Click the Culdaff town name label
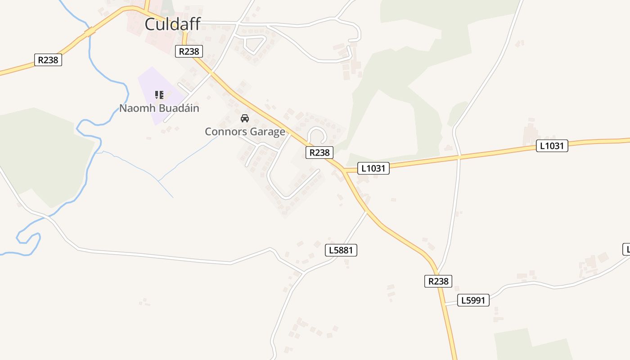[x=172, y=24]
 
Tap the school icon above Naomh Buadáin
[x=159, y=94]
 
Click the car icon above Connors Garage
[x=245, y=118]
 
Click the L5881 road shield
[x=341, y=250]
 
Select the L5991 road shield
[x=473, y=300]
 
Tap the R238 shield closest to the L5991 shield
[x=438, y=281]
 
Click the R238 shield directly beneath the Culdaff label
[x=189, y=51]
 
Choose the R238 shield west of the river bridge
[x=48, y=60]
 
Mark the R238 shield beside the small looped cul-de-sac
[x=319, y=153]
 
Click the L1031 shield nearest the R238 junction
[x=373, y=168]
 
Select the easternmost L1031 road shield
[x=552, y=146]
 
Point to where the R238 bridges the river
[x=90, y=32]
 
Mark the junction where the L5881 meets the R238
[x=367, y=211]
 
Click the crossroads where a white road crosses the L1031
[x=459, y=156]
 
